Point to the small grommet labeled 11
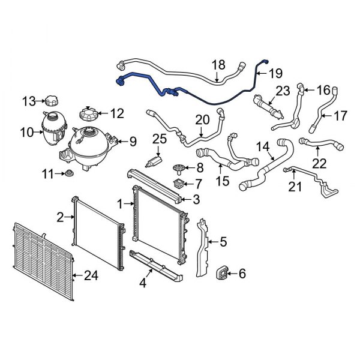tap(68, 175)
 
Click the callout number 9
tap(133, 142)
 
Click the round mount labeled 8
tap(178, 169)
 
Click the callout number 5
tap(223, 242)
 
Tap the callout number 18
tap(218, 65)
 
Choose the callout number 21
tap(295, 187)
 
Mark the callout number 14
tap(263, 146)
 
